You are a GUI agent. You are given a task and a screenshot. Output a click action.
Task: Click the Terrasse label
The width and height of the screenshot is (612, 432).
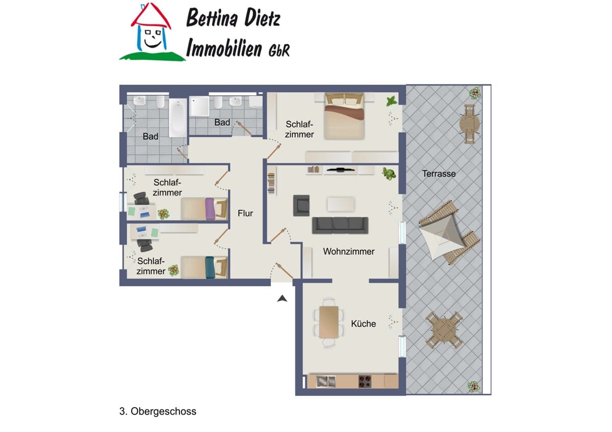click(439, 174)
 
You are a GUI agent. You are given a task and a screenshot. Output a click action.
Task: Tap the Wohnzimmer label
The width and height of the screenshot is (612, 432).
click(349, 251)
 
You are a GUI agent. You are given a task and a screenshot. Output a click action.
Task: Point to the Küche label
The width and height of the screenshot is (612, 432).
click(363, 323)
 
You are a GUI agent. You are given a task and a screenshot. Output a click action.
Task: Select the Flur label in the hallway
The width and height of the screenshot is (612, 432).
click(245, 213)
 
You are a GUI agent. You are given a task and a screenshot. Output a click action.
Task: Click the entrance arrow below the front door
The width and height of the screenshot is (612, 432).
click(282, 299)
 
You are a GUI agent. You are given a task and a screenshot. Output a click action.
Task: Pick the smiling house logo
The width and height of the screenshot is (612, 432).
click(151, 32)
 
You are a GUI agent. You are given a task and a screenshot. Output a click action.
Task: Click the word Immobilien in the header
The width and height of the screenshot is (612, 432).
click(224, 47)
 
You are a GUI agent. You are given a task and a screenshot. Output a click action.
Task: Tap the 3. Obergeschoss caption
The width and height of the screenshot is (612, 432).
click(158, 411)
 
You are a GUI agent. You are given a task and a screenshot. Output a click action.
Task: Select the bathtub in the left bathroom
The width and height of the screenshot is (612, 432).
click(178, 118)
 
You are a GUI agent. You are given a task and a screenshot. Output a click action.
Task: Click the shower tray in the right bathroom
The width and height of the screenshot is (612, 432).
click(199, 106)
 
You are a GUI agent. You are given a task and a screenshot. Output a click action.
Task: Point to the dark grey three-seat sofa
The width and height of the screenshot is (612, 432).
click(340, 225)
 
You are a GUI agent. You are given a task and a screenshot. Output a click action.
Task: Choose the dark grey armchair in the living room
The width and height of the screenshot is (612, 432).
click(301, 205)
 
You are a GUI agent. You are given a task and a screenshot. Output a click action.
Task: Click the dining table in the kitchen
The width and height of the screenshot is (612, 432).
click(329, 322)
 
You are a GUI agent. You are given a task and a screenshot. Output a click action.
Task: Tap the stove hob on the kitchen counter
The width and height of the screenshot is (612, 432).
click(365, 382)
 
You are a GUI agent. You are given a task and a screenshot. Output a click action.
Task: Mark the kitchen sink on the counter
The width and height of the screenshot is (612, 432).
click(325, 382)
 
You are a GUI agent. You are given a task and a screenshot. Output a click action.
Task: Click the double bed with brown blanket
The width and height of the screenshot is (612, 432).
click(344, 116)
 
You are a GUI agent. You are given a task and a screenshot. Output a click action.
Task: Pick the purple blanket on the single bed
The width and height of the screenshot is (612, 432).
click(210, 209)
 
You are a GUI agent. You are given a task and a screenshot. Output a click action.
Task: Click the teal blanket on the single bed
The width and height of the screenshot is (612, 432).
click(210, 267)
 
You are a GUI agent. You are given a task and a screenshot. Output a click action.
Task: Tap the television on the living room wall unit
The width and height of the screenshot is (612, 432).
click(340, 170)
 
